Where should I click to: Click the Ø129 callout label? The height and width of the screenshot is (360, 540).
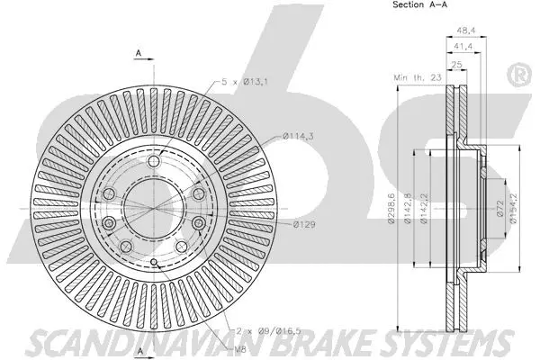coord(306,224)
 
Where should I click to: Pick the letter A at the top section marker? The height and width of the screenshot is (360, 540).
coord(139,53)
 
